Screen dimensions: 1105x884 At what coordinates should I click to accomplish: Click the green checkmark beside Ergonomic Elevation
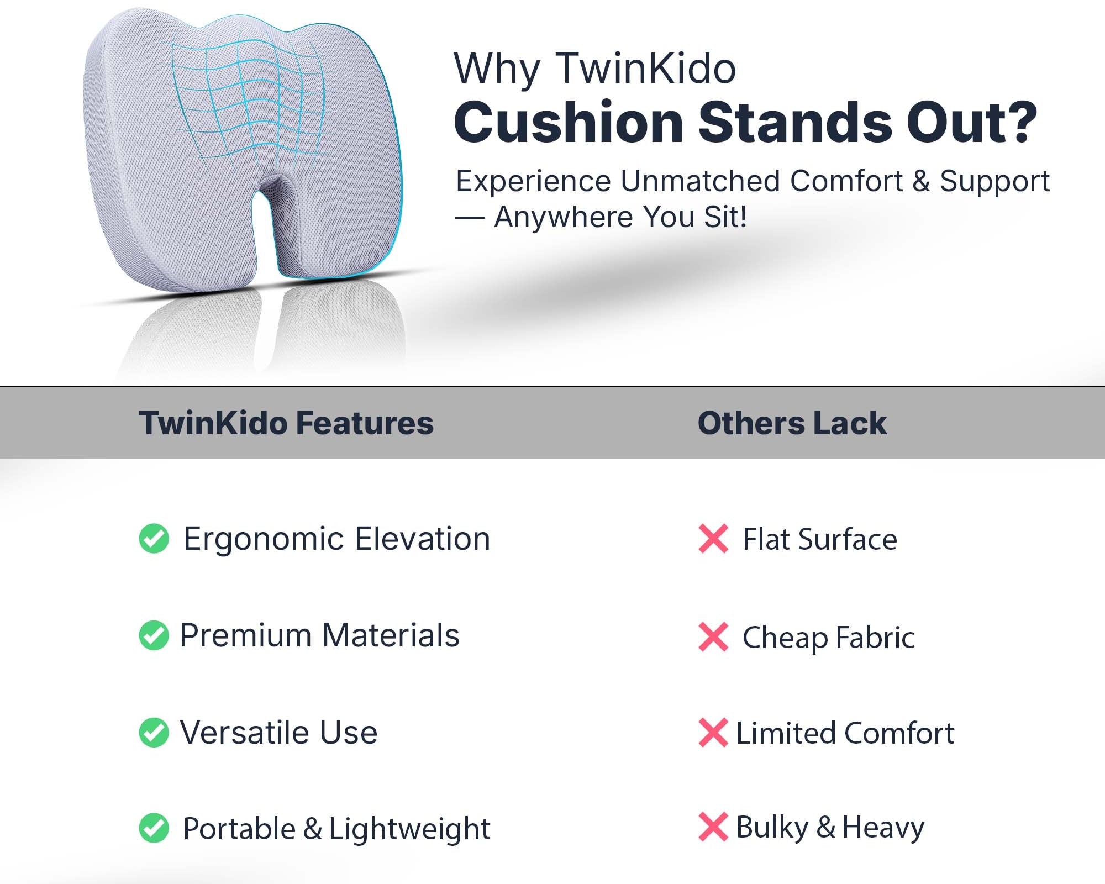pyautogui.click(x=154, y=538)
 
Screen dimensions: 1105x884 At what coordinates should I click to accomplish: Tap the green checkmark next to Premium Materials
pyautogui.click(x=154, y=635)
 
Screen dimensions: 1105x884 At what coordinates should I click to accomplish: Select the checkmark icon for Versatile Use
pyautogui.click(x=154, y=733)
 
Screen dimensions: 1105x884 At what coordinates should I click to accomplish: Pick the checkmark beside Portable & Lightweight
pyautogui.click(x=154, y=828)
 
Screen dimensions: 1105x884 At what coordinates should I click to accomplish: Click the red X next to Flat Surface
pyautogui.click(x=713, y=539)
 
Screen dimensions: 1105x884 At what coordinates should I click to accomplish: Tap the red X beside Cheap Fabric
pyautogui.click(x=713, y=637)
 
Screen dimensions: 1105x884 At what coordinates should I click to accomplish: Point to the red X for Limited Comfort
pyautogui.click(x=713, y=733)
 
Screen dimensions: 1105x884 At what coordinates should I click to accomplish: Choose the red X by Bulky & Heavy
pyautogui.click(x=713, y=827)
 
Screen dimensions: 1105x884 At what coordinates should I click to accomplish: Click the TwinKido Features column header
pyautogui.click(x=286, y=423)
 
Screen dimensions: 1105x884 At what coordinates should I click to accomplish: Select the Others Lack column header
pyautogui.click(x=792, y=423)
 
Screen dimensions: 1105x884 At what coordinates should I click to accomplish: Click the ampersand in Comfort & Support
pyautogui.click(x=921, y=181)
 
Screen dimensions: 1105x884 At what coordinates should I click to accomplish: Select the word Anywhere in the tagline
pyautogui.click(x=564, y=217)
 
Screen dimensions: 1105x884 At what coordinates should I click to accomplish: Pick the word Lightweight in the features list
pyautogui.click(x=409, y=829)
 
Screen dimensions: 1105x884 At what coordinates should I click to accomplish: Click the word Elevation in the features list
pyautogui.click(x=423, y=539)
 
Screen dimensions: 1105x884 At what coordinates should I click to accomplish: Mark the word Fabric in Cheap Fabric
pyautogui.click(x=875, y=638)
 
